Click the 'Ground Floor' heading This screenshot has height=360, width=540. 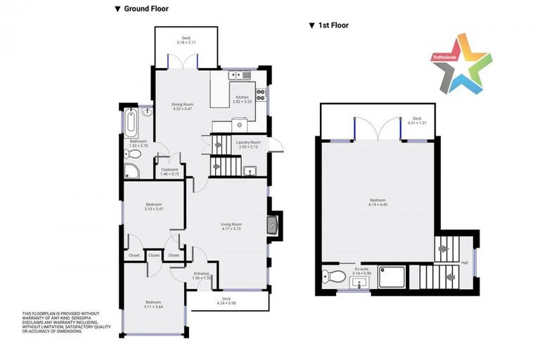[x=146, y=8]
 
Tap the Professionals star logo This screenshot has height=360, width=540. [x=463, y=64]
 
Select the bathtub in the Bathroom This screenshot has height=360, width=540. [x=132, y=124]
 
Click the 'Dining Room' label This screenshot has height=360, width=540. [x=182, y=107]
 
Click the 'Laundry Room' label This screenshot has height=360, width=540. [x=248, y=144]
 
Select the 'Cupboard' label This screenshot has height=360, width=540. [x=169, y=171]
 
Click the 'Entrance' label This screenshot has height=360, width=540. [x=202, y=276]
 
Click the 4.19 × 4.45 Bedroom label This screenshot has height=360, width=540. [x=378, y=202]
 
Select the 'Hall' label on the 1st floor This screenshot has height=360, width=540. [x=464, y=263]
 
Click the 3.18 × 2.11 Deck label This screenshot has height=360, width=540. [x=186, y=40]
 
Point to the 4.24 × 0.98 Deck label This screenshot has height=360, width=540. [x=226, y=301]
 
